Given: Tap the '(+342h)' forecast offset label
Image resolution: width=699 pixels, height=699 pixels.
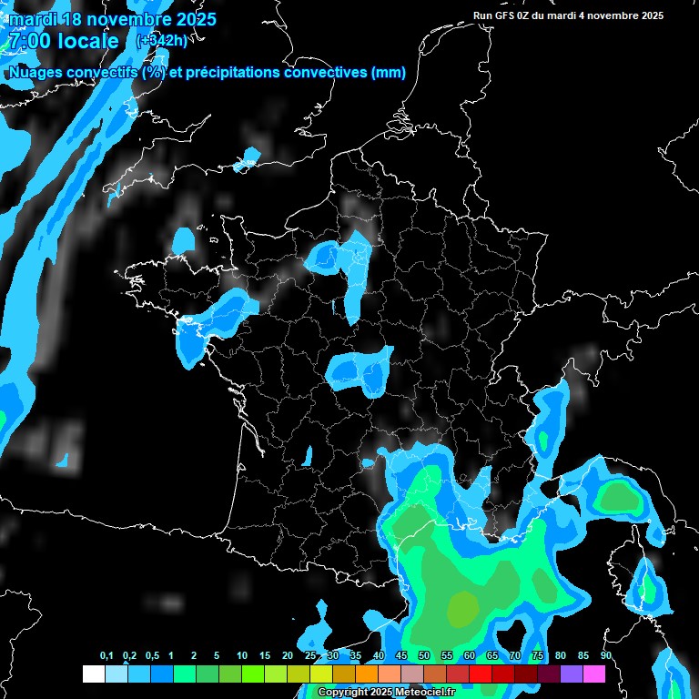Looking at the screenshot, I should [161, 40].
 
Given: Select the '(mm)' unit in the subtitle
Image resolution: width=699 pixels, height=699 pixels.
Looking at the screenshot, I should [388, 73].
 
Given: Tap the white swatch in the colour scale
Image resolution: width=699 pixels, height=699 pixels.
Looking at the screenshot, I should [93, 674].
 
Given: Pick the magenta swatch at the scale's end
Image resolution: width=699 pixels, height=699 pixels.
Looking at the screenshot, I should [594, 674].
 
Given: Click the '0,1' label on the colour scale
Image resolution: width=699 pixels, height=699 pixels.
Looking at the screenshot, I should [106, 656].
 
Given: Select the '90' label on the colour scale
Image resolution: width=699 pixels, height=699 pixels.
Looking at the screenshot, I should [605, 656].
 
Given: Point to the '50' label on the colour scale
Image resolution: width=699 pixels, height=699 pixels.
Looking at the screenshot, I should [424, 656].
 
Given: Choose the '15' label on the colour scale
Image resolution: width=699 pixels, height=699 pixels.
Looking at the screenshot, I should [265, 656].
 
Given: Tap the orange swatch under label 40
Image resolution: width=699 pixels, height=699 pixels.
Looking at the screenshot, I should [367, 674].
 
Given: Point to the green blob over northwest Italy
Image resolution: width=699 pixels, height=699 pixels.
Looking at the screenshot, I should [618, 496].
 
